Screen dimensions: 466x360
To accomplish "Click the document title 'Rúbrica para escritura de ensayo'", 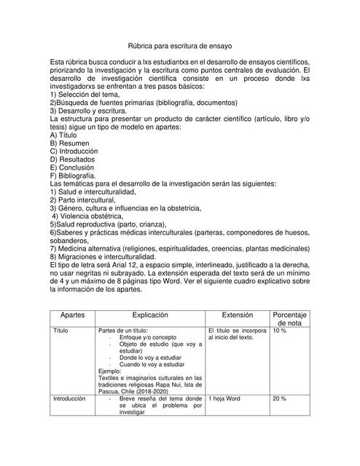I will coord(179,45).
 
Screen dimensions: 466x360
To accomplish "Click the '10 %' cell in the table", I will coord(280,331).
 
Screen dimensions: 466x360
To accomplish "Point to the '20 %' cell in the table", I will coord(280,399).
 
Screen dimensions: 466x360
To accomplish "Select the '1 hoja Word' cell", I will coord(224,399).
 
